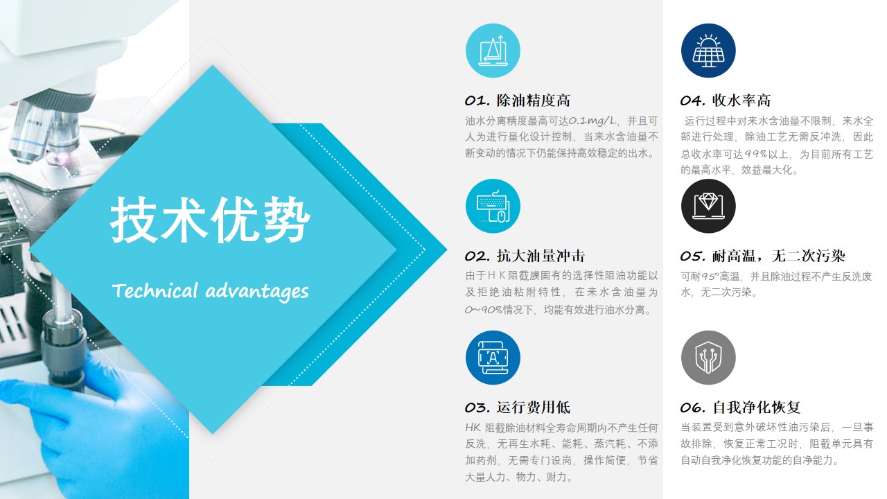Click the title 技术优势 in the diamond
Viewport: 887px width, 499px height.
[210, 220]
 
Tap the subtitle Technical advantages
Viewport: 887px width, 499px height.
[210, 291]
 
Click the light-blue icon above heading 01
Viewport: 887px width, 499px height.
[493, 51]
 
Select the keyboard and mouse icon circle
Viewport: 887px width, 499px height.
[493, 206]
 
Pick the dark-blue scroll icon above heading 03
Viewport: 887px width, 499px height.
[493, 358]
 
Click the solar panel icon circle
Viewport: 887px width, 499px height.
[708, 51]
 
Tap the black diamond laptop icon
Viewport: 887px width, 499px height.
[708, 206]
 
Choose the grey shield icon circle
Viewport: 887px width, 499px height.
[708, 358]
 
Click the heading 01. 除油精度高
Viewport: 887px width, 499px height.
[518, 100]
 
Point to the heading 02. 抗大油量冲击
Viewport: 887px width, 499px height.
[525, 256]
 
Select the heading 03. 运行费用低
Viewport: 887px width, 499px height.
[518, 408]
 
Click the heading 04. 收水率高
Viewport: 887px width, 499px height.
[726, 100]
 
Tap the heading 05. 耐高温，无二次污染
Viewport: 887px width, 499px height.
[763, 256]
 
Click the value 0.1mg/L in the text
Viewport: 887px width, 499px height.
[592, 121]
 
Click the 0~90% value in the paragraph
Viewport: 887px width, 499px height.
[484, 309]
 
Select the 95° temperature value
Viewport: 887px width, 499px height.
[710, 276]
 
